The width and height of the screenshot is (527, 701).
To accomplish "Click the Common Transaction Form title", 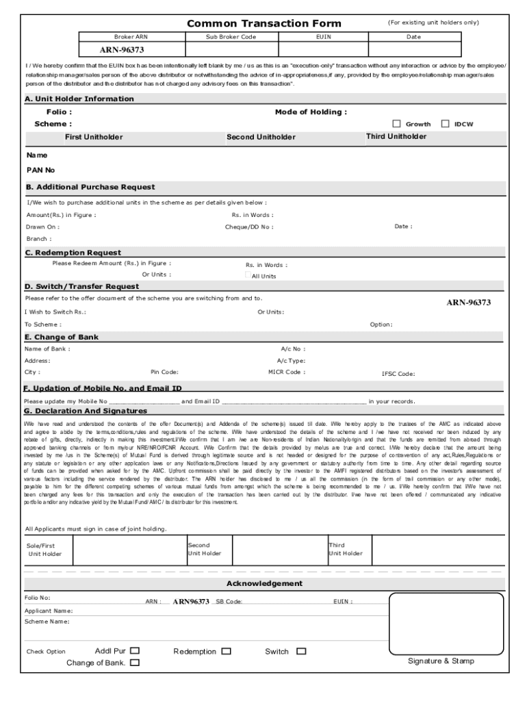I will point(264,24).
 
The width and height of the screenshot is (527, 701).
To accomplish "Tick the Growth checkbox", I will point(396,124).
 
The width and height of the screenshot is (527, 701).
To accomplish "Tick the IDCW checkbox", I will point(445,124).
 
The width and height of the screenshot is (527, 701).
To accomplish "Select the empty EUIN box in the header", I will point(323,50).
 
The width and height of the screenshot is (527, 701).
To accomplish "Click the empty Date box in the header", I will point(413,50).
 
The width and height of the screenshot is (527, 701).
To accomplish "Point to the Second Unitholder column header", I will point(261,137).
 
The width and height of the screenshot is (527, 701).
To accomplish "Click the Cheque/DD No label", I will point(249,227).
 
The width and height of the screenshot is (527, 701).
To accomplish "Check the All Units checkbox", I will point(248,275).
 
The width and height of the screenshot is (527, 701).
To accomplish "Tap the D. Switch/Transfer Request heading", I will point(81,286).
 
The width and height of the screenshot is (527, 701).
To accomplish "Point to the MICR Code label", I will point(287,372).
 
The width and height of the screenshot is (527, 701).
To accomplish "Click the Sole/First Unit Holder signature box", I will point(127,549).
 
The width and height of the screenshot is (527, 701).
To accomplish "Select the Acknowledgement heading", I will point(264,583).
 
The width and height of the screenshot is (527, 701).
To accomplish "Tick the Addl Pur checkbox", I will point(135,651).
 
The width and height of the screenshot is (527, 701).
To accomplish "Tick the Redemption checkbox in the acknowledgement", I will point(226,652).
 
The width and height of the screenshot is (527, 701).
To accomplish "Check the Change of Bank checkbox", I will point(134,663).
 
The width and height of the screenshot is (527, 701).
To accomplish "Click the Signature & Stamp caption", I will point(441,661).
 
